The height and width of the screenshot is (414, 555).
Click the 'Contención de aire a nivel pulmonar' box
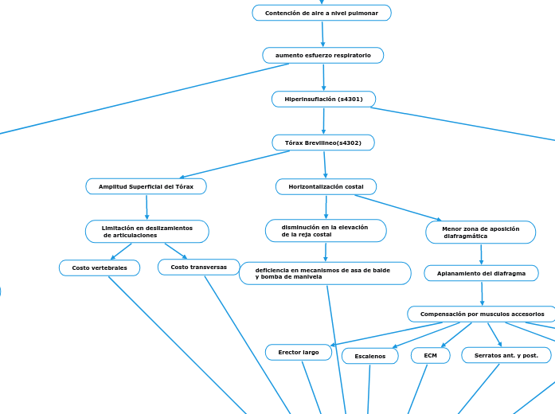point(322,13)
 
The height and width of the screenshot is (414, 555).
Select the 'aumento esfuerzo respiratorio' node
point(322,55)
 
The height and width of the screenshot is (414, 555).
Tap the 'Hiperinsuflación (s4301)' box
point(323,99)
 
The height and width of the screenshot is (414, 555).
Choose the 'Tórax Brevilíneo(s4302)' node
point(323,143)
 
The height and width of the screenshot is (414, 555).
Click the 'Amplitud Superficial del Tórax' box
point(146,186)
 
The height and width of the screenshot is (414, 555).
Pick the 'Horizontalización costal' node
point(326,186)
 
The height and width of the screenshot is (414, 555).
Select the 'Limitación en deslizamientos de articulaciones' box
point(147,232)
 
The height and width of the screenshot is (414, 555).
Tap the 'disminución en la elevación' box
point(325,231)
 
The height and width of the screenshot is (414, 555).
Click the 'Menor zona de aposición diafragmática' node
point(480,232)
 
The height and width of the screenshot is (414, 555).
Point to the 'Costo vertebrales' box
point(100,268)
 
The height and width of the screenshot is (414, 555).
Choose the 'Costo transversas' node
point(198,267)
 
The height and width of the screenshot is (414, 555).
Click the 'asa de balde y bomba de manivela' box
point(325,273)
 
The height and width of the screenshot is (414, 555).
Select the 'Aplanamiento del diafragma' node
point(481,273)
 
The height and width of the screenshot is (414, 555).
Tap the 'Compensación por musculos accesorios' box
point(482,314)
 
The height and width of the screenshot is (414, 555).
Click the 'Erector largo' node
point(299,352)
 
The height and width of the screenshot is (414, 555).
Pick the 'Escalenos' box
point(369,356)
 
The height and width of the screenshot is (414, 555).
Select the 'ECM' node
point(430,355)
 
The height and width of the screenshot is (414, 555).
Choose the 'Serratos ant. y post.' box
point(506,355)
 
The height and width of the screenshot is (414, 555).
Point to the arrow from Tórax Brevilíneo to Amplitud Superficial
point(235,164)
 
